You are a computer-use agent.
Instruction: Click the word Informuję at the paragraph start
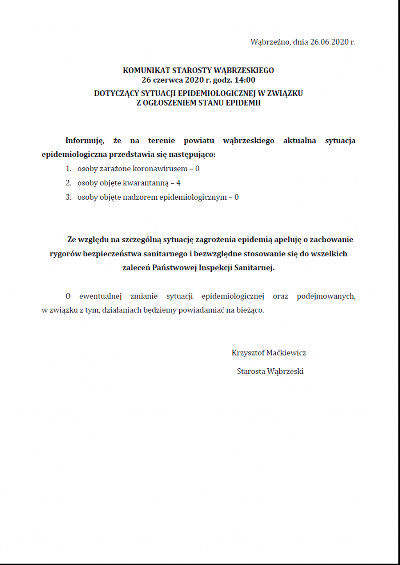click(84, 140)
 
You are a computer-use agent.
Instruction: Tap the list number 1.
click(68, 169)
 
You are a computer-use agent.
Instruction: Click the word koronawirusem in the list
click(160, 169)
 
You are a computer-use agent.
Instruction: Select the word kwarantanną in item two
click(146, 183)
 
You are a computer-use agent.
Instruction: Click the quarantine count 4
click(179, 183)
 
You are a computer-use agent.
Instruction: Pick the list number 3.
click(68, 197)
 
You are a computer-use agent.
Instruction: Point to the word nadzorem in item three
click(140, 197)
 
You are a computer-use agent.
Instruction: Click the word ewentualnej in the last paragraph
click(100, 296)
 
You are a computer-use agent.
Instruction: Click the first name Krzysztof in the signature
click(248, 353)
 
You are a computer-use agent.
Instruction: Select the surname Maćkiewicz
click(286, 353)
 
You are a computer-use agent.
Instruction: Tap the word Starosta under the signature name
click(251, 371)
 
